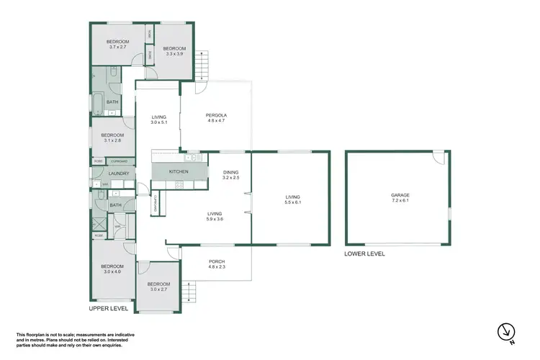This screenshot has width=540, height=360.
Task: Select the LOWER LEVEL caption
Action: (364, 253)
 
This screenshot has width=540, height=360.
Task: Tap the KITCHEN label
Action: (178, 172)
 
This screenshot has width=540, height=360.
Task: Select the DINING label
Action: (230, 172)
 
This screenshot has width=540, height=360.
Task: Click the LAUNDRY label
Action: (118, 174)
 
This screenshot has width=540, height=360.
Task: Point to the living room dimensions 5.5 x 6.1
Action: (292, 202)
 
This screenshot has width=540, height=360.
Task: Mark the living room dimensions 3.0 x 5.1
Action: (158, 123)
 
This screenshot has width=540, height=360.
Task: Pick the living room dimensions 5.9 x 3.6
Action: (215, 219)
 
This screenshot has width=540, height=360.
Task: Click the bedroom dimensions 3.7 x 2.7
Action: (117, 48)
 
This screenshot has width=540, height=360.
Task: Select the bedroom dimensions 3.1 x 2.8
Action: (112, 140)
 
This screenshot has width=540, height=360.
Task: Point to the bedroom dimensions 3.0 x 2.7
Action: (158, 289)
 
